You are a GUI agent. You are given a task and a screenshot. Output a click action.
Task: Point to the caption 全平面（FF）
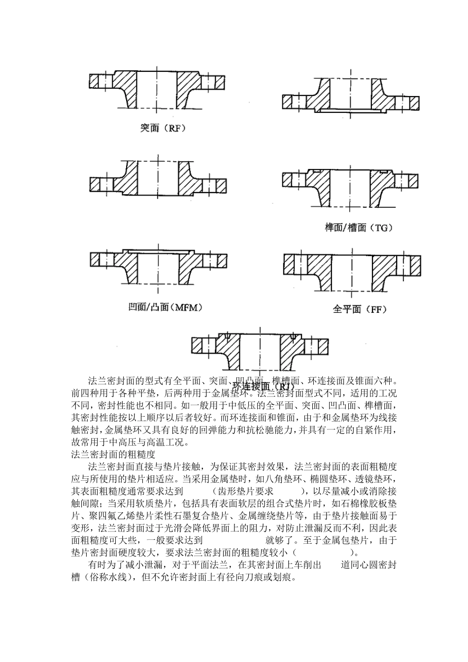pos(360,309)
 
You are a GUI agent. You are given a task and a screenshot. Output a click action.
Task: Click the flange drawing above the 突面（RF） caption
pos(158,89)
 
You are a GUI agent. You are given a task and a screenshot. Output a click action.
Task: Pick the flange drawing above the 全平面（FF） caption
pos(351,273)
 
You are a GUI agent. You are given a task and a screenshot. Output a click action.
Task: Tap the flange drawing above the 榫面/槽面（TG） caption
pos(351,187)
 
